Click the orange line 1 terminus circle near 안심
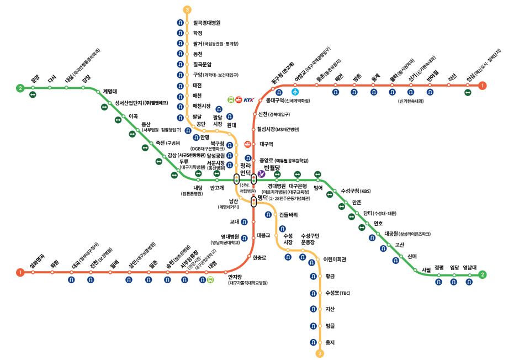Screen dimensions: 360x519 pyautogui.click(x=483, y=86)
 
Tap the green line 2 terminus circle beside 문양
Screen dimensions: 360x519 pyautogui.click(x=20, y=88)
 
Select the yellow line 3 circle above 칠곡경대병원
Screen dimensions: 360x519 pyautogui.click(x=188, y=9)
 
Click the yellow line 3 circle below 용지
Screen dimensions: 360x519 pyautogui.click(x=319, y=353)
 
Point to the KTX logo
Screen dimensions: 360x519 pyautogui.click(x=248, y=100)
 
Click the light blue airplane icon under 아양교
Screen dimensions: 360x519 pyautogui.click(x=295, y=92)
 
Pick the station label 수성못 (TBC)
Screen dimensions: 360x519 pyautogui.click(x=337, y=293)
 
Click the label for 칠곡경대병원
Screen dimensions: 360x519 pyautogui.click(x=206, y=23)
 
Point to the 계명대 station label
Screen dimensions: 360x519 pyautogui.click(x=114, y=92)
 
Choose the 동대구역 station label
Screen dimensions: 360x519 pyautogui.click(x=274, y=100)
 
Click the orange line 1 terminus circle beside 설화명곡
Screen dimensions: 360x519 pyautogui.click(x=20, y=272)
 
